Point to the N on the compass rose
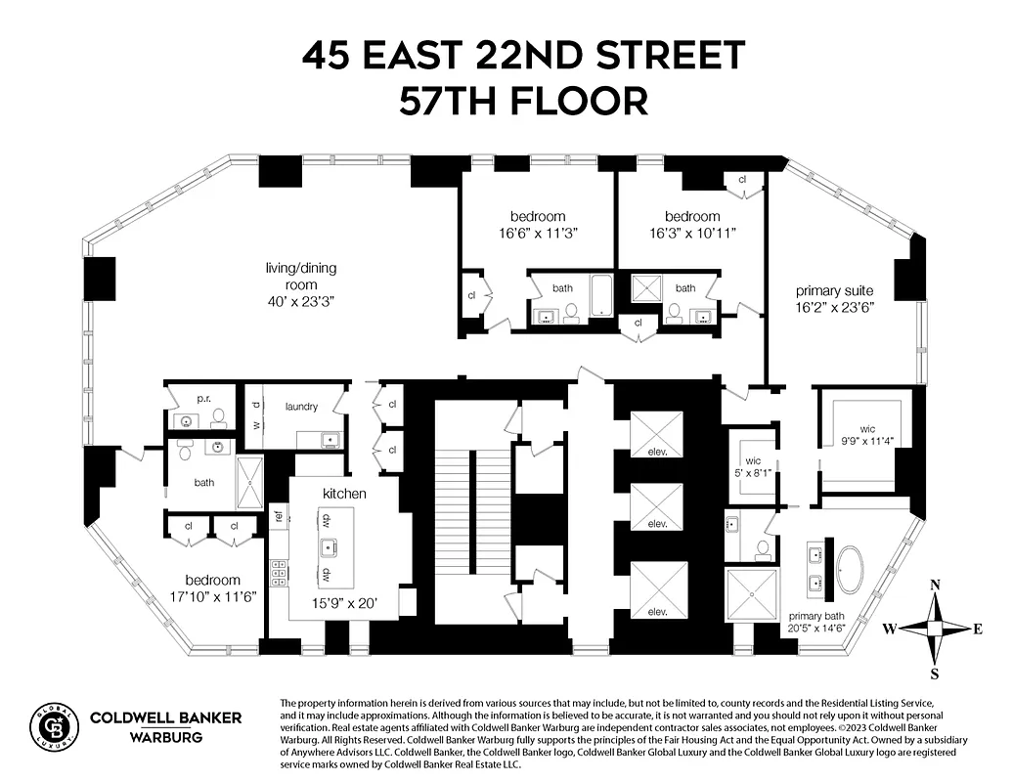pyautogui.click(x=936, y=585)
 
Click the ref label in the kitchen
pyautogui.click(x=279, y=516)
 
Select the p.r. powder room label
pyautogui.click(x=203, y=400)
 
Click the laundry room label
pyautogui.click(x=303, y=406)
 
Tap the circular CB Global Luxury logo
pyautogui.click(x=54, y=728)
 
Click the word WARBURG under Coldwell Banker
pyautogui.click(x=165, y=737)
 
